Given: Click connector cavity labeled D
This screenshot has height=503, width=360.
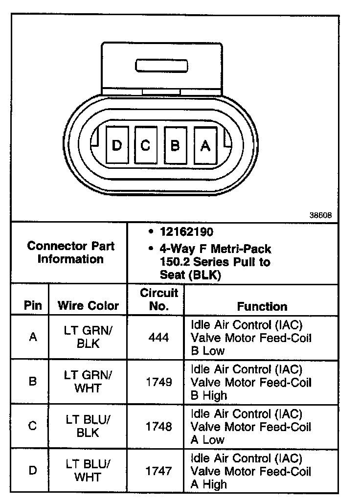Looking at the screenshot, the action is pos(117,145).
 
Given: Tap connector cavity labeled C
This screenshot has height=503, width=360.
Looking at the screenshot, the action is pos(146,145).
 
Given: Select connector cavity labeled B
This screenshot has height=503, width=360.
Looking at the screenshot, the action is pos(175,145).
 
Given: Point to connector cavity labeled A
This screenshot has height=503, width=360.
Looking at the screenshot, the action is pos(205,145).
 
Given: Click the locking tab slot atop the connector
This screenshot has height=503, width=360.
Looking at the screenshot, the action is pos(161,66).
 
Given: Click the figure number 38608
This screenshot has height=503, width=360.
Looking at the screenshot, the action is pos(320,215).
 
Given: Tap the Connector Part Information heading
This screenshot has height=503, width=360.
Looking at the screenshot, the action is pos(70,252).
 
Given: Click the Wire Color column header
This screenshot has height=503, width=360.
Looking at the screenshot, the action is pos(88,306).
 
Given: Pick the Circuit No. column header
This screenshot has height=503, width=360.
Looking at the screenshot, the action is pos(159,299).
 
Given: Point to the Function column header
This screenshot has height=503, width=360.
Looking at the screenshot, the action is pos(262,306).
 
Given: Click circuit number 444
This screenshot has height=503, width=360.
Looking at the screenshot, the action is pos(158,337).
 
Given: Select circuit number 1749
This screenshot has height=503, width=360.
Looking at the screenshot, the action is pos(158,382).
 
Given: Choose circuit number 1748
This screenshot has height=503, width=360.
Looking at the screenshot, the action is pos(158,426).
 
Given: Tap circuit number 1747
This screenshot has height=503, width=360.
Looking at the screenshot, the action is pos(158,471).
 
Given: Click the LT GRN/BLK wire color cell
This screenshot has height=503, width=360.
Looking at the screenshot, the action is pos(88,337).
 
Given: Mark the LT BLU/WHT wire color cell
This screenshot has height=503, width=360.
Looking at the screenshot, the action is pos(88,471).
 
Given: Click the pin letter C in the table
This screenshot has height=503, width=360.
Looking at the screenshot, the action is pos(33,426).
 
